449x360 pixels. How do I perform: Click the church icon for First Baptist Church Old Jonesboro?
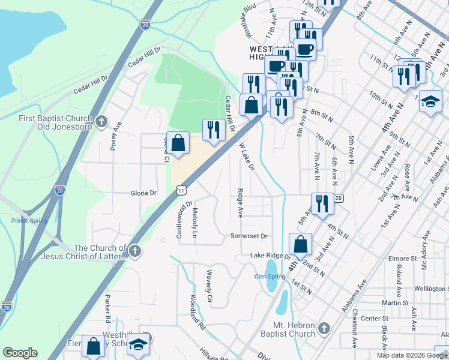coord(102,122)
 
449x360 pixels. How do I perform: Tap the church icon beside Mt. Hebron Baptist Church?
coord(324,329)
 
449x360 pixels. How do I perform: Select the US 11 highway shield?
coord(181,190)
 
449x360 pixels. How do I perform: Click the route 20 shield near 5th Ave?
coord(339,198)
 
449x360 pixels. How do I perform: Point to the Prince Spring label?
coord(28,221)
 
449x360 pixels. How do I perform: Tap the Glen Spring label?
coord(269,277)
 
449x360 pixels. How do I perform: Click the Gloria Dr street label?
coord(143,193)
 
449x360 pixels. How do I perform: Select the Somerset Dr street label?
coord(249,236)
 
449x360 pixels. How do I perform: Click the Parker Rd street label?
coord(108,307)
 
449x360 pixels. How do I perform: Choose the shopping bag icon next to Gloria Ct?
coord(178,143)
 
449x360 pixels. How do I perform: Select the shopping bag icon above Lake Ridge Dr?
coord(300,244)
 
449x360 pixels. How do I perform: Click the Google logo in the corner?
coord(20,353)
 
